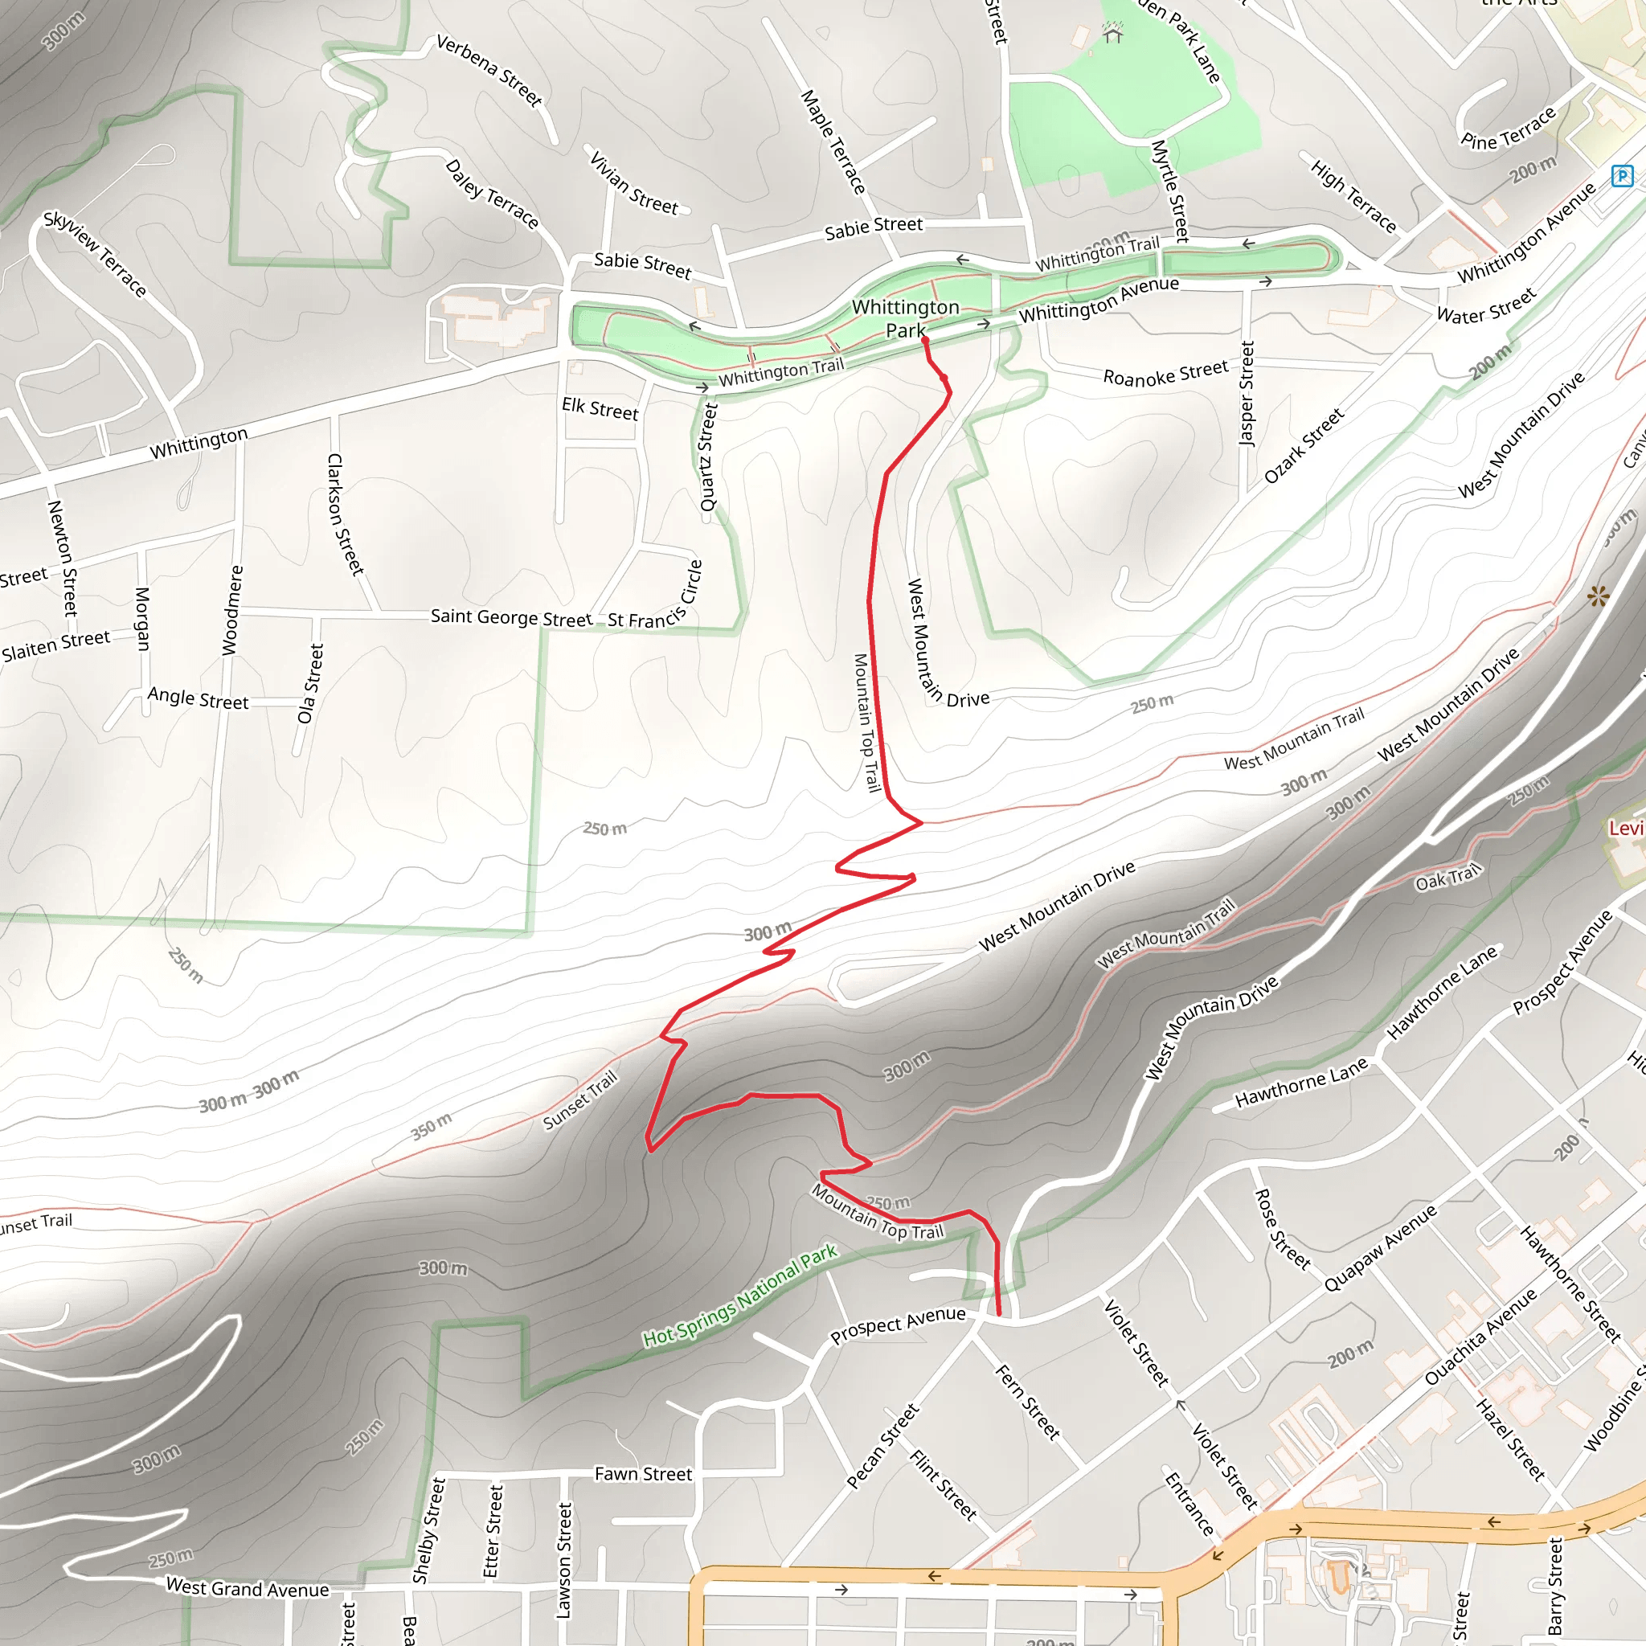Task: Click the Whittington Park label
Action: pos(905,317)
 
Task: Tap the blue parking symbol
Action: pos(1622,176)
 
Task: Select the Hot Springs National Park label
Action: pos(739,1296)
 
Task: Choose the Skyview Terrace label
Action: pos(96,254)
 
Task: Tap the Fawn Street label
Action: pos(643,1474)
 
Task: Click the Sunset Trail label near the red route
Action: pos(579,1101)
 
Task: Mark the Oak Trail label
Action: pos(1447,878)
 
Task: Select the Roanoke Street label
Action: pos(1165,373)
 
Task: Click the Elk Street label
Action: pos(600,409)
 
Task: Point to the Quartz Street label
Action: pos(709,457)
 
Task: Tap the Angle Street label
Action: pos(198,698)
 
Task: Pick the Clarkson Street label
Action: pos(346,514)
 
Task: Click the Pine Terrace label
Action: pos(1508,129)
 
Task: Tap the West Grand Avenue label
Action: pos(247,1588)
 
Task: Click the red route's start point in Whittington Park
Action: pos(924,340)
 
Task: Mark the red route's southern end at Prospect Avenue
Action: pos(999,1314)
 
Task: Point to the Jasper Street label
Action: pos(1247,393)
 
